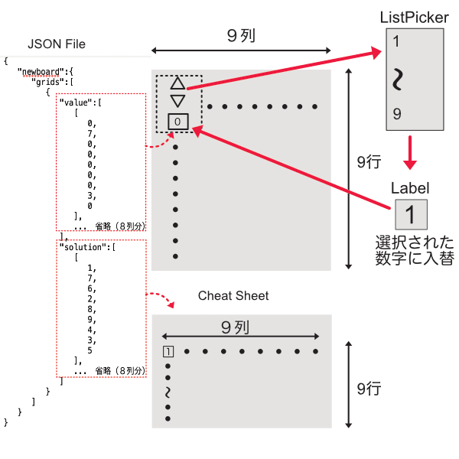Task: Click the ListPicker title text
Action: coord(414,17)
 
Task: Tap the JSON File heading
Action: coord(57,44)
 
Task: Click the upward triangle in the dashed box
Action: coord(177,83)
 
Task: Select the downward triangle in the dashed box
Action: coord(177,100)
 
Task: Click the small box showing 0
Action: coord(177,121)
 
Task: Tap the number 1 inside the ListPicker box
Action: coord(396,42)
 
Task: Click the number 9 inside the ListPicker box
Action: coord(396,114)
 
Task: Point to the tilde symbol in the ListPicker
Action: coord(396,79)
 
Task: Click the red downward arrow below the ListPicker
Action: coord(412,153)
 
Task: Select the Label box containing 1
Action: coord(411,212)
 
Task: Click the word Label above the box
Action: coord(410,187)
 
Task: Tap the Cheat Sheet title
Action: coord(233,295)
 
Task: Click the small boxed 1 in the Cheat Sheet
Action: coord(168,352)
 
